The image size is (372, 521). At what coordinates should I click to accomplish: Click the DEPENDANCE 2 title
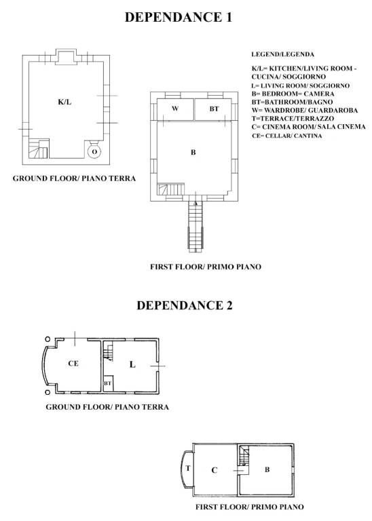point(185,305)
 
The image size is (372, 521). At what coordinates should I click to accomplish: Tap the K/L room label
point(64,102)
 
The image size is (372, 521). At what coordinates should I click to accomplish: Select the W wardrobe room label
point(174,109)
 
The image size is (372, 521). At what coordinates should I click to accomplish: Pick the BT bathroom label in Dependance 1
point(214,109)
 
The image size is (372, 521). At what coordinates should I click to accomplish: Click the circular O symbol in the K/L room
point(94,151)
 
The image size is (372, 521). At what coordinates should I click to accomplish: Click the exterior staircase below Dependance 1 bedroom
point(196,227)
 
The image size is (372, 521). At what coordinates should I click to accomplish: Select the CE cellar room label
point(73,364)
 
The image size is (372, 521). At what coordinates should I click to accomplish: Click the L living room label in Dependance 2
point(132,364)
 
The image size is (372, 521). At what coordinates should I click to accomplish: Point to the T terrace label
point(188,469)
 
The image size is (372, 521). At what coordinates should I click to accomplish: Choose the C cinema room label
point(213,470)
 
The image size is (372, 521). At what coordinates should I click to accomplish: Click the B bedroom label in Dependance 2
point(267,469)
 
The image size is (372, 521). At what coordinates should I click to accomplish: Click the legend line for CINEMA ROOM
point(309,127)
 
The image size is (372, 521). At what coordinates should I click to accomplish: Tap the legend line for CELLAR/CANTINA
point(286,136)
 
